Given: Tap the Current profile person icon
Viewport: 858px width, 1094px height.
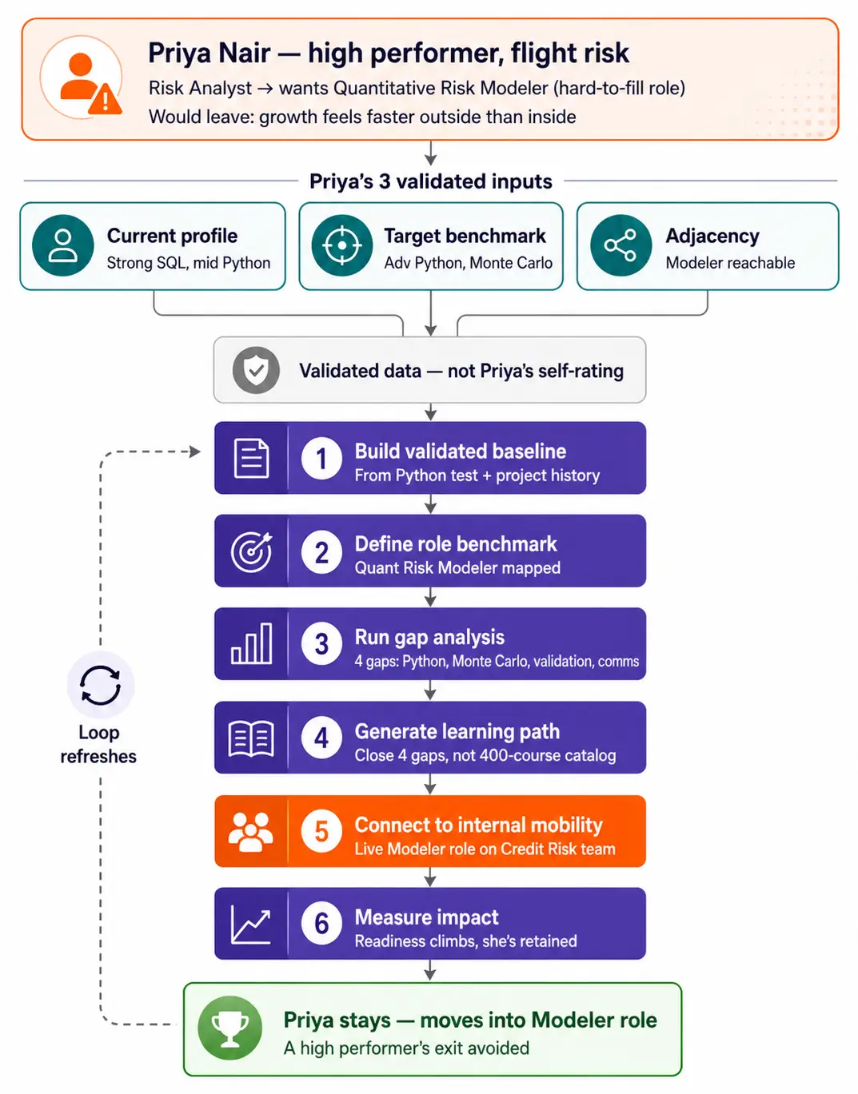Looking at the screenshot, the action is (63, 245).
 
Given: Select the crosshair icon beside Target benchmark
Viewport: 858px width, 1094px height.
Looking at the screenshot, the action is (342, 245).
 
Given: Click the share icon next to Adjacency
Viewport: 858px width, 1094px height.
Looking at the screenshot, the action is (621, 245).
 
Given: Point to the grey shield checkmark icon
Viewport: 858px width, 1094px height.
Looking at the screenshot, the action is (257, 370).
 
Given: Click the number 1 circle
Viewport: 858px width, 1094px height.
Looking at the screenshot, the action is (321, 459).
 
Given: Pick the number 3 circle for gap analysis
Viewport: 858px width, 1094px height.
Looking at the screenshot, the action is (321, 644).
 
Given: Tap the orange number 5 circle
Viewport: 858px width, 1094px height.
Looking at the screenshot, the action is (321, 832).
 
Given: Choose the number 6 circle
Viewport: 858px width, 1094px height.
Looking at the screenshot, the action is (321, 924).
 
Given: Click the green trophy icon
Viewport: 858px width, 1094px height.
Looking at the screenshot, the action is (230, 1029).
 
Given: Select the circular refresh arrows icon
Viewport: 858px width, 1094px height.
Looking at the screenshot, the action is (101, 685).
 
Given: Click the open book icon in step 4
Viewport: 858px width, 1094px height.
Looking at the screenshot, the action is (251, 738).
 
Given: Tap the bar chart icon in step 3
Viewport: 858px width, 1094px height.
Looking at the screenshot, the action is (251, 643).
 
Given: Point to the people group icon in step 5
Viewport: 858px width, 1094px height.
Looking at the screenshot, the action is (251, 832).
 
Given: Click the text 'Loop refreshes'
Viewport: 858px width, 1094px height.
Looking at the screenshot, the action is (98, 745).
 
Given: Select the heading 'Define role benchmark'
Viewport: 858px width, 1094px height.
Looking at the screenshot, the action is (456, 544).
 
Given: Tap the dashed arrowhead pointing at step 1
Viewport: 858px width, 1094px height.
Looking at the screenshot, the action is (195, 452).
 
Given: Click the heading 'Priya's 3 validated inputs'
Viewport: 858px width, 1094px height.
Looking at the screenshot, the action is (430, 181).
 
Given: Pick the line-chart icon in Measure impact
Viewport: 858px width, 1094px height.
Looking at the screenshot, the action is (251, 925).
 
